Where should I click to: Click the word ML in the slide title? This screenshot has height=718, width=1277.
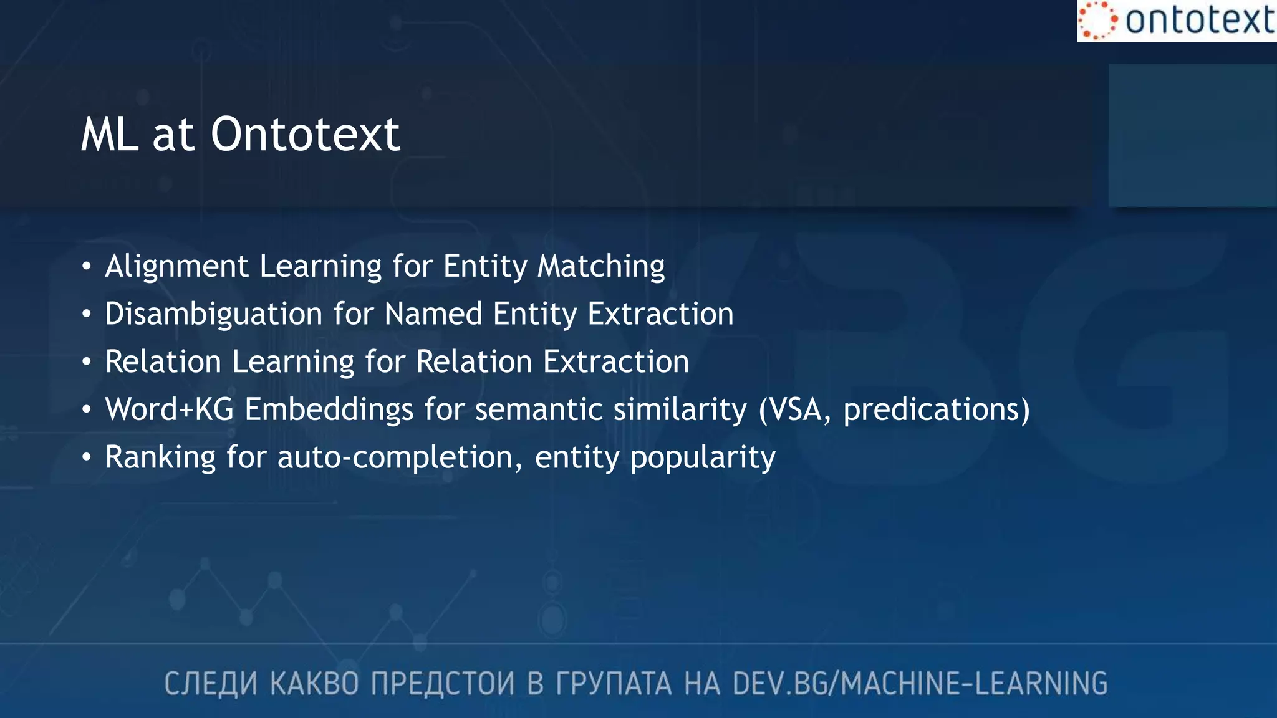109,135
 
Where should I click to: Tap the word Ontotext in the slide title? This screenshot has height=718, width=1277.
305,135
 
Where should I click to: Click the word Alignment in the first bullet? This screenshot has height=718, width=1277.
176,266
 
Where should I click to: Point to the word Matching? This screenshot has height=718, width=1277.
601,266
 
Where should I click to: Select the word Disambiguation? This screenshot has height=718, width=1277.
214,314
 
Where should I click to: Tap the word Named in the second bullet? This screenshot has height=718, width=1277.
433,314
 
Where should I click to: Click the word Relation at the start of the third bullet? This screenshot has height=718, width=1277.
163,361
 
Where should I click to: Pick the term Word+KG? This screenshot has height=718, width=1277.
169,409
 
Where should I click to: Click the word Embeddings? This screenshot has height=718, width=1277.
329,409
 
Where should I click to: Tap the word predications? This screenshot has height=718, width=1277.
932,409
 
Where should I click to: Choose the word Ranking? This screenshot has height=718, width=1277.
160,457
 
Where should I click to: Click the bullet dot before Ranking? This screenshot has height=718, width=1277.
87,458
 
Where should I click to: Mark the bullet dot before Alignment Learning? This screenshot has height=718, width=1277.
87,267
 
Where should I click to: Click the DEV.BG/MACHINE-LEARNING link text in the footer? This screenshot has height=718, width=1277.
920,684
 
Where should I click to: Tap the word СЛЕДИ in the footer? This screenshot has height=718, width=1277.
211,684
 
